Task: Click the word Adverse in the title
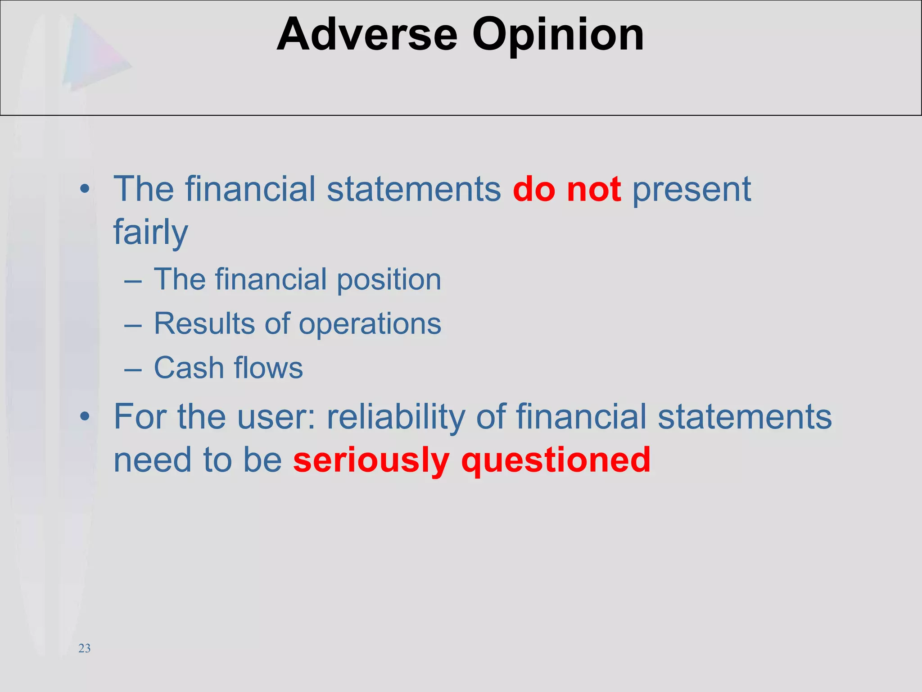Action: [367, 35]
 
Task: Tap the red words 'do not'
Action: [567, 189]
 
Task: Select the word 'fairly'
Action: [150, 232]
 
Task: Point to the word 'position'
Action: [389, 280]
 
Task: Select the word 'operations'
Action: [370, 324]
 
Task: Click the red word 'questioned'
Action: [556, 460]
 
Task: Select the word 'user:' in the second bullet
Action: [276, 417]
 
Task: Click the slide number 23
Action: [84, 648]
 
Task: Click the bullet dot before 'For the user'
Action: [85, 417]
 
